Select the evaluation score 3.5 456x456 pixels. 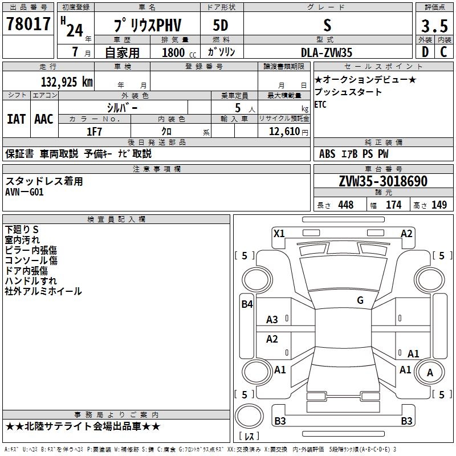tap(434, 26)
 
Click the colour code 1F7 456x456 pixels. tap(94, 131)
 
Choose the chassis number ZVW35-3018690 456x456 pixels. tap(383, 181)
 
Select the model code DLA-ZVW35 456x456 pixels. tap(327, 52)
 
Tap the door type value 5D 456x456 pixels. tap(221, 26)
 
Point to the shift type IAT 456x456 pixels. tap(16, 119)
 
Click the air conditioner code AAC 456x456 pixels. tap(43, 119)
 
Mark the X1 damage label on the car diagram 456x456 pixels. tap(279, 233)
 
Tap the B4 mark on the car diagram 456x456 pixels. tap(247, 304)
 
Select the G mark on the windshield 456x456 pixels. tap(360, 300)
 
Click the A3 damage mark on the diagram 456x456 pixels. tap(272, 320)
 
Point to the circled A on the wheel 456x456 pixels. tap(430, 373)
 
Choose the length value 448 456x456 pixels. tap(345, 205)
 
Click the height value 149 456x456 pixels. tap(439, 205)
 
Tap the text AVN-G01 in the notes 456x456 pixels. tap(24, 192)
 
